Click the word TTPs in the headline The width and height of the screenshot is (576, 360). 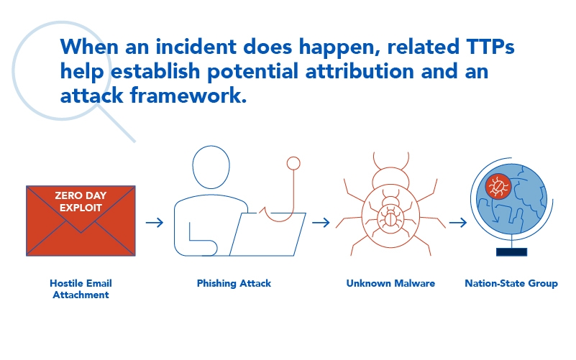click(x=490, y=47)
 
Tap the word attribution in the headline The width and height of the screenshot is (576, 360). click(x=360, y=71)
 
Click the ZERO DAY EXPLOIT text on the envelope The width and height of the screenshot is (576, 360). click(x=81, y=201)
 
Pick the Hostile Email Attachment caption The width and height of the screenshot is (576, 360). click(x=81, y=289)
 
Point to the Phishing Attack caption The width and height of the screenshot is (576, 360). click(x=234, y=283)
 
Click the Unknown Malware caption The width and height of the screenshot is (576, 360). click(x=390, y=283)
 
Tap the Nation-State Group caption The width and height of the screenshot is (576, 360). click(x=511, y=283)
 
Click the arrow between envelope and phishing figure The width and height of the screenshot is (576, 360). click(x=155, y=222)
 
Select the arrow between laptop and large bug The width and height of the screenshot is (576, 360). click(x=321, y=222)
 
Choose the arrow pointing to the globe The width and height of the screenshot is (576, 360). click(x=458, y=222)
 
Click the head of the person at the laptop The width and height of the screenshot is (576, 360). click(x=211, y=167)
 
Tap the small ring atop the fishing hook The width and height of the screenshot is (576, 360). click(x=293, y=163)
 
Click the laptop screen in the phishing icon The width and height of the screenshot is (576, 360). click(x=268, y=234)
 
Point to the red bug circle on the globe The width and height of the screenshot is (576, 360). click(x=498, y=186)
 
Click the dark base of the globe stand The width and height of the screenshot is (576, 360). click(x=512, y=251)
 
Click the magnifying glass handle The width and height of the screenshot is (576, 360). click(x=116, y=123)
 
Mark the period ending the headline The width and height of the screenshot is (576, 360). click(x=244, y=101)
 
